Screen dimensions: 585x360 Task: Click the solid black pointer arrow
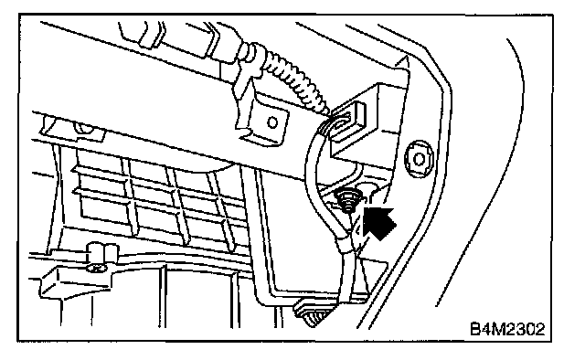[378, 222]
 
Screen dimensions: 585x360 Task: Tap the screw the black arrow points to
[347, 201]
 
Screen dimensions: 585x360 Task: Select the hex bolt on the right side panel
[420, 159]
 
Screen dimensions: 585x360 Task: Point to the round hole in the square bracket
[272, 122]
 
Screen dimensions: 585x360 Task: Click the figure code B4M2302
[507, 329]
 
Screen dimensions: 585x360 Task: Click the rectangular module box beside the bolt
[369, 123]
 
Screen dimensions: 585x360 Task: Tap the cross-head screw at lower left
[97, 268]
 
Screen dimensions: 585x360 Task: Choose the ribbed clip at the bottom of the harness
[314, 314]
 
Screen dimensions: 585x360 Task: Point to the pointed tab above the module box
[402, 63]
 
